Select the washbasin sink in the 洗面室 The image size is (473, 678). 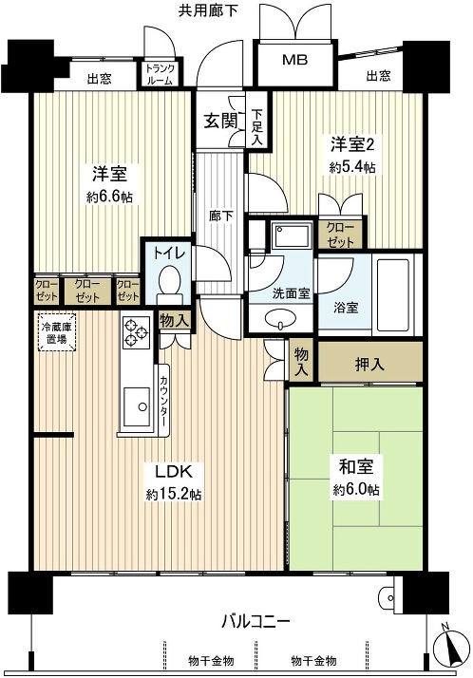[x=279, y=319]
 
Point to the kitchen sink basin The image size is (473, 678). [x=138, y=408]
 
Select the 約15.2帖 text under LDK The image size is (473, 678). [x=173, y=494]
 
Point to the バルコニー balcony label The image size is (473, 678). [x=256, y=622]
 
